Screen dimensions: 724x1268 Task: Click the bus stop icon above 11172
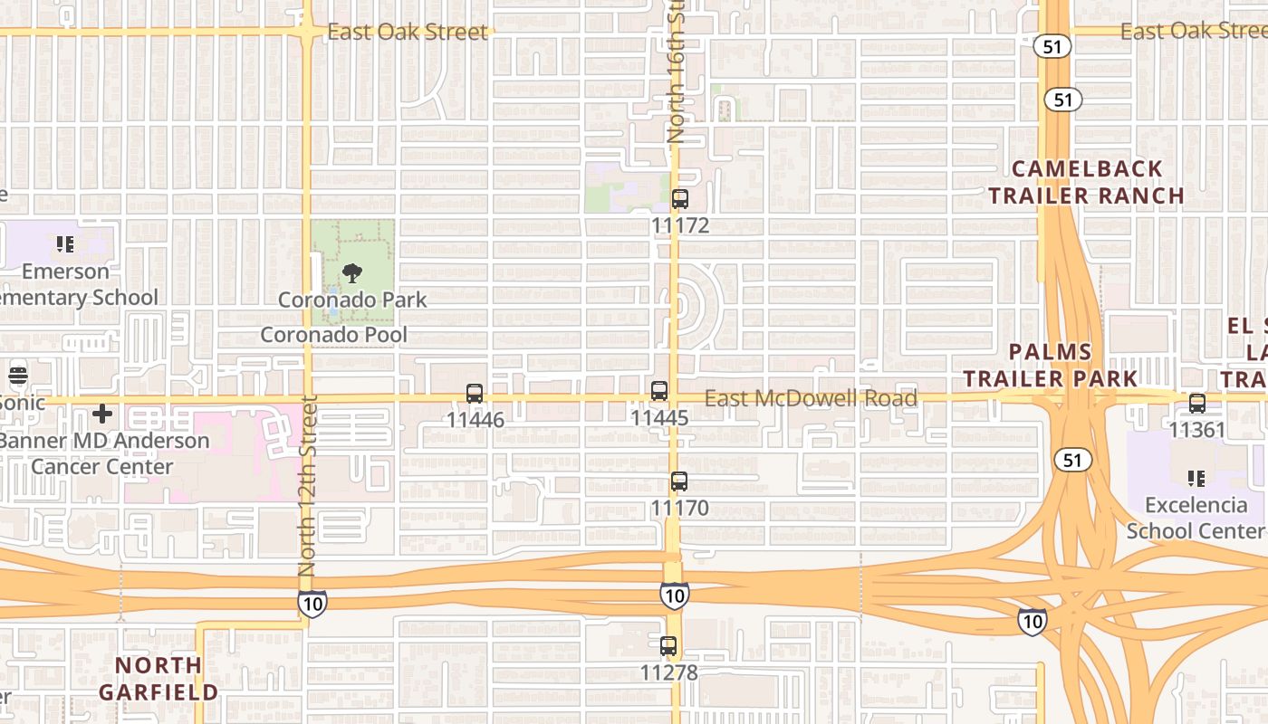point(680,199)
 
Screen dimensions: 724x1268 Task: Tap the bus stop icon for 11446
point(475,394)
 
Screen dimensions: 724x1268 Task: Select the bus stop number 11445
point(659,418)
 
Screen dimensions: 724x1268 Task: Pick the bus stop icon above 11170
point(679,481)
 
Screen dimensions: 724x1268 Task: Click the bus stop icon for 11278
point(668,646)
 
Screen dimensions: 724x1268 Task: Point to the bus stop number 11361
point(1197,429)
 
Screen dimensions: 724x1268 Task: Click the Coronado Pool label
point(334,335)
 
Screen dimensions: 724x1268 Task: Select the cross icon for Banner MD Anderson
point(102,414)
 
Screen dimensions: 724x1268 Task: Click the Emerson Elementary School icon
point(64,244)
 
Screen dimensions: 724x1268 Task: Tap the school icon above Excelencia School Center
point(1196,478)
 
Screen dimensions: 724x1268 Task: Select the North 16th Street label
point(676,72)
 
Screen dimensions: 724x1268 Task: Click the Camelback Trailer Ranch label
point(1086,182)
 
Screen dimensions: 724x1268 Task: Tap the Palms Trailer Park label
point(1050,365)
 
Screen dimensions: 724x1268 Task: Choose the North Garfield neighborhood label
point(158,679)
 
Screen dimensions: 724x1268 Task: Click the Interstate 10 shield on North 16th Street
point(674,595)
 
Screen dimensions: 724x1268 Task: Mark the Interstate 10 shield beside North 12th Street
point(312,603)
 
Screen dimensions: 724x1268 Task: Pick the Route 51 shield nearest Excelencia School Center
point(1072,461)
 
